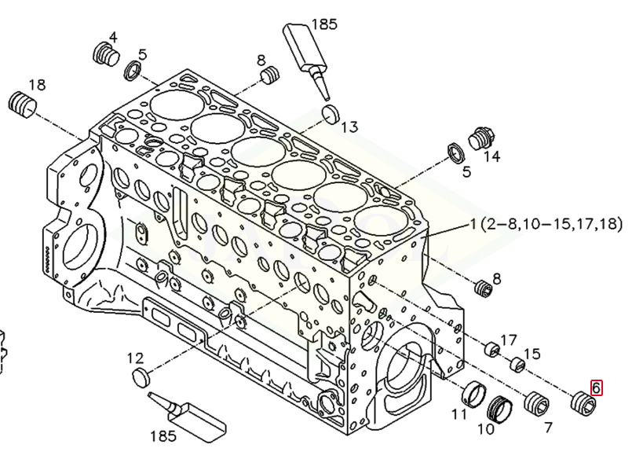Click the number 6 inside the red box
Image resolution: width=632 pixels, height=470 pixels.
click(x=596, y=387)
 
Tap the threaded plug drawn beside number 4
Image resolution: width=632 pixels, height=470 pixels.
click(x=106, y=55)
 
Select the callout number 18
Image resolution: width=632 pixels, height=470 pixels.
click(x=37, y=85)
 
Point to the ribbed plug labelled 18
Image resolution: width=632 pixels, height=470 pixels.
click(x=22, y=105)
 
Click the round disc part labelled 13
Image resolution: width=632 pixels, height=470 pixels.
click(x=331, y=114)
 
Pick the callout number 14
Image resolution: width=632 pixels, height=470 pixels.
click(x=491, y=156)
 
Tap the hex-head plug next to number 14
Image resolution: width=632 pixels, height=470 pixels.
click(x=480, y=140)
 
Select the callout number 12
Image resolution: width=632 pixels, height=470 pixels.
click(x=135, y=358)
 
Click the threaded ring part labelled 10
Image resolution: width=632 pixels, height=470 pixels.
click(x=500, y=409)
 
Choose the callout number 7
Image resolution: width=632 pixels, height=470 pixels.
click(x=548, y=428)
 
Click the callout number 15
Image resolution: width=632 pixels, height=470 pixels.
click(x=532, y=354)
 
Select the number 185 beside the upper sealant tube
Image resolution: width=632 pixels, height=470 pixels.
click(x=324, y=24)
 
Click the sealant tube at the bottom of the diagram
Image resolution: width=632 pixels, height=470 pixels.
click(x=188, y=417)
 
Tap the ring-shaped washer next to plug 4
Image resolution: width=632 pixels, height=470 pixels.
click(x=132, y=71)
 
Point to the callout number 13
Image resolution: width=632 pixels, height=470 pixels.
click(x=350, y=127)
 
